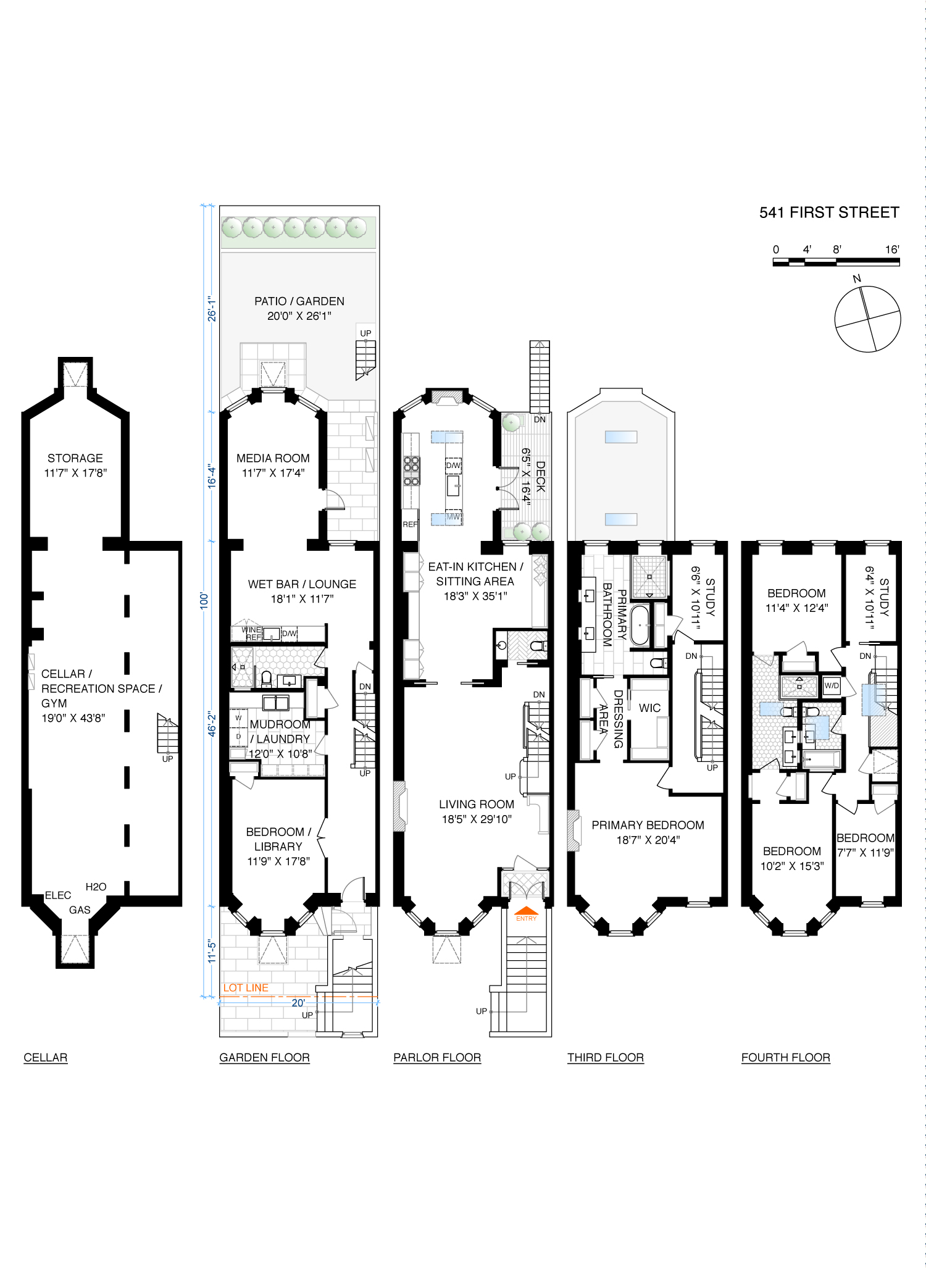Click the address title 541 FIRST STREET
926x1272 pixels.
coord(829,212)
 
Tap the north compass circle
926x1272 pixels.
coord(867,319)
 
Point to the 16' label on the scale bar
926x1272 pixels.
coord(892,249)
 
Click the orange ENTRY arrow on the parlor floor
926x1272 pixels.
coord(527,910)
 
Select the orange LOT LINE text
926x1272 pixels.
coord(246,988)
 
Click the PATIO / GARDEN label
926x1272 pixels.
coord(299,301)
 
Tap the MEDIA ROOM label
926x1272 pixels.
coord(273,458)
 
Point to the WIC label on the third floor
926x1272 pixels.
coord(649,708)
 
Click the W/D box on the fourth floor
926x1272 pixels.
coord(832,685)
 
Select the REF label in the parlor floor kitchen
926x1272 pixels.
coord(410,525)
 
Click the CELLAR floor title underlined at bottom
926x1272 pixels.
coord(46,1058)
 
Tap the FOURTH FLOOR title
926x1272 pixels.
coord(786,1058)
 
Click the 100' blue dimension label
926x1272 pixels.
coord(204,601)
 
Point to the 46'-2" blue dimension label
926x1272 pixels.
coord(212,724)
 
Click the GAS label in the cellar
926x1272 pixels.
coord(80,910)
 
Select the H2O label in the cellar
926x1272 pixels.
coord(96,887)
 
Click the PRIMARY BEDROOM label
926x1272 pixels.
coord(648,825)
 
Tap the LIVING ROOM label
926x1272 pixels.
coord(477,805)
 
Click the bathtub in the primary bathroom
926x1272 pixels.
coord(640,626)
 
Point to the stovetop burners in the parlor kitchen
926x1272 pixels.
coord(411,471)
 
